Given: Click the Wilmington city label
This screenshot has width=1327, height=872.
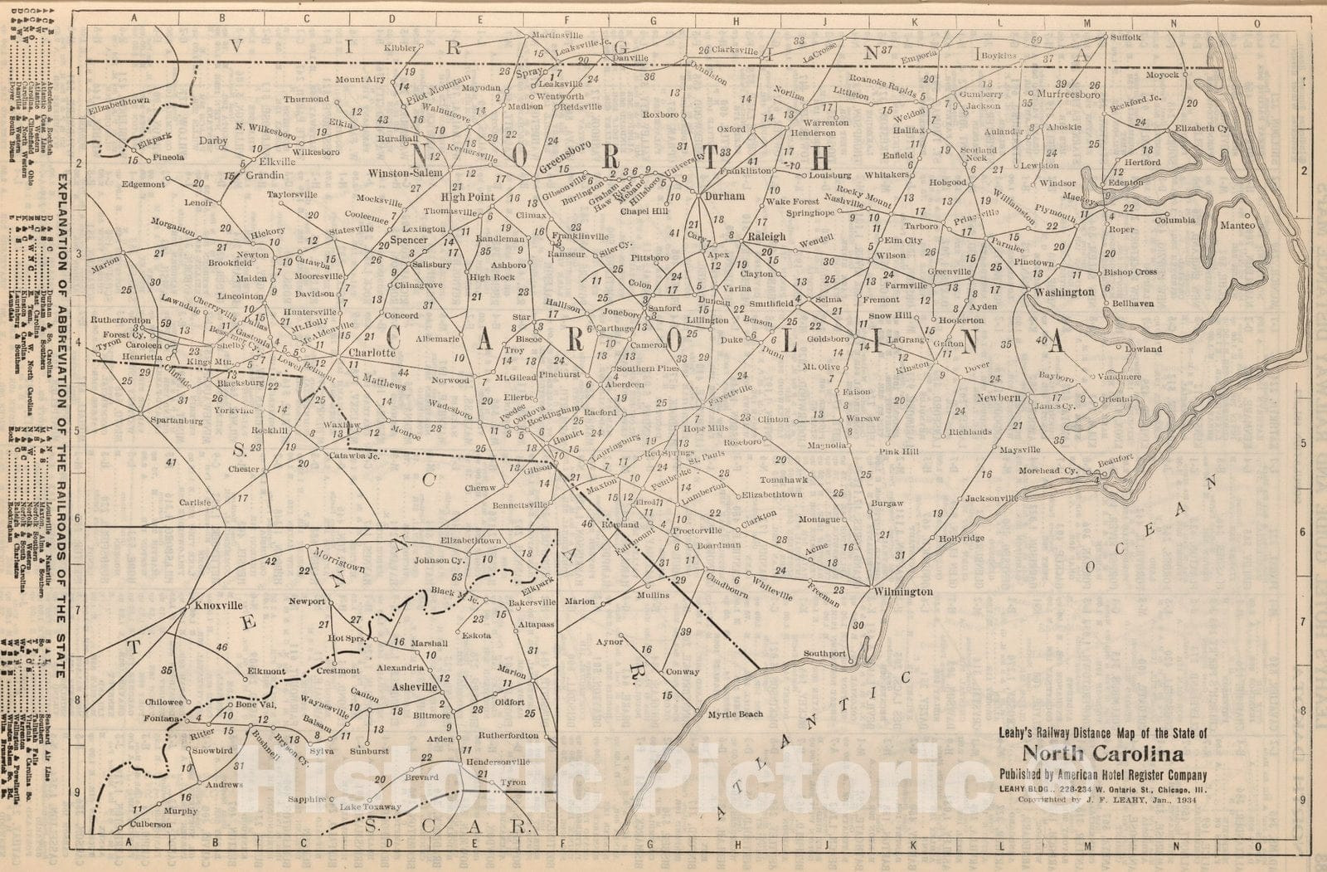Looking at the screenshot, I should click(x=903, y=592).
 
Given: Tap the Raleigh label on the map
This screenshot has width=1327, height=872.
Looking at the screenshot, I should click(x=766, y=236).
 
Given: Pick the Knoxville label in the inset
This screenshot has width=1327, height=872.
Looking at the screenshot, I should click(x=219, y=606).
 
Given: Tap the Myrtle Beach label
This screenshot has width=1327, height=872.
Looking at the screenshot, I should click(x=735, y=714).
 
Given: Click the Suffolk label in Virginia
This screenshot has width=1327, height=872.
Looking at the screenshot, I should click(x=1125, y=37).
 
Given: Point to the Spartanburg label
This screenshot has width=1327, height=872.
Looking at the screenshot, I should click(x=177, y=421).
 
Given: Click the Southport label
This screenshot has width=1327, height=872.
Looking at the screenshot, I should click(x=824, y=653).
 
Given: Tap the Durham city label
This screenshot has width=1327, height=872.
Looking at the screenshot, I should click(x=724, y=197).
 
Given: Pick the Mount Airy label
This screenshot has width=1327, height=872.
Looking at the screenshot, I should click(x=361, y=80).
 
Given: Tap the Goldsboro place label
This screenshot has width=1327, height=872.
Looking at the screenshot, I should click(x=829, y=339).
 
